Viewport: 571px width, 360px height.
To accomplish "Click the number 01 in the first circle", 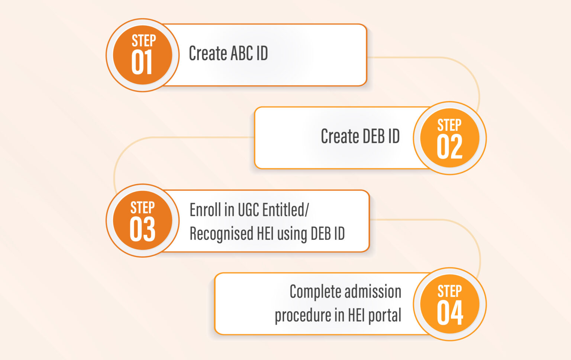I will [142, 62].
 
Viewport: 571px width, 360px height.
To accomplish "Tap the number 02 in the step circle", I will [449, 147].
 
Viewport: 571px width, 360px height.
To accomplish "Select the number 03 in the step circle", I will [142, 229].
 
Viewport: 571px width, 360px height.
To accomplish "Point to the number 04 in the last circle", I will [450, 313].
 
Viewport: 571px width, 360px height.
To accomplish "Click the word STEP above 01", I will [143, 41].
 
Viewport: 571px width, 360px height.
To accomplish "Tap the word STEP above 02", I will [449, 125].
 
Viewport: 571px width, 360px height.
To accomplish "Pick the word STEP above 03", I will [142, 208].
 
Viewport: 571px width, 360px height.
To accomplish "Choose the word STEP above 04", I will [449, 291].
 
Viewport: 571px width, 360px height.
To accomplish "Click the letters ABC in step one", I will [241, 54].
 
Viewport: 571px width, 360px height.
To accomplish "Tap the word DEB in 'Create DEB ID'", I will [373, 136].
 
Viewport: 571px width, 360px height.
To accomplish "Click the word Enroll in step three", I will [206, 210].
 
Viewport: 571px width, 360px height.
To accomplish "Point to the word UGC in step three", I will [248, 210].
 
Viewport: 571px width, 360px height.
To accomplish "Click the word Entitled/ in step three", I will [285, 210].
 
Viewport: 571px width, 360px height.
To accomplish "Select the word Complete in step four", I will [315, 292].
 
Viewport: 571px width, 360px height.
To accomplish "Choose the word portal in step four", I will [384, 315].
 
